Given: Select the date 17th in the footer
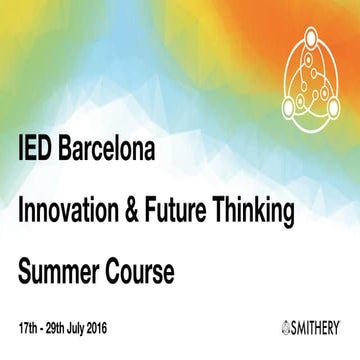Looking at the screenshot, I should (28, 327).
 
